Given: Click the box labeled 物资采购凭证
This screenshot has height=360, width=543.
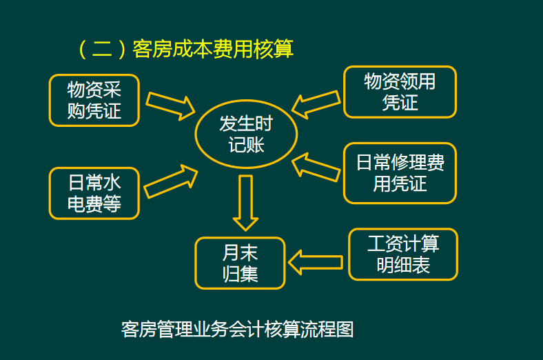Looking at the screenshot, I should pyautogui.click(x=94, y=100).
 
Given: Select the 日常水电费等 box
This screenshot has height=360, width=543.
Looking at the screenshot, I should pyautogui.click(x=94, y=193).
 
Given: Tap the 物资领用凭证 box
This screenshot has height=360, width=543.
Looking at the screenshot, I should pyautogui.click(x=400, y=92).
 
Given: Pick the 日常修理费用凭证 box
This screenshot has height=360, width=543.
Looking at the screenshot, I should pyautogui.click(x=400, y=173).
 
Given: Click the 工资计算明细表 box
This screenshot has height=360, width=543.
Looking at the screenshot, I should pyautogui.click(x=403, y=254).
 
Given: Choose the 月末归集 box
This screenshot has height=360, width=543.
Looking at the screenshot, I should pyautogui.click(x=240, y=263).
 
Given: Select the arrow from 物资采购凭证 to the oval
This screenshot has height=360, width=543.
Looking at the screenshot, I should pyautogui.click(x=170, y=104).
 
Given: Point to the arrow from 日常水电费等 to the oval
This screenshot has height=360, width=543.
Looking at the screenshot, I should pyautogui.click(x=170, y=181).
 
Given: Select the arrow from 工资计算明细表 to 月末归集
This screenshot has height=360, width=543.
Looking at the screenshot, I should pyautogui.click(x=315, y=262).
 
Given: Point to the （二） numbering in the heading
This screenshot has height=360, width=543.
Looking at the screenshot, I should pyautogui.click(x=101, y=49).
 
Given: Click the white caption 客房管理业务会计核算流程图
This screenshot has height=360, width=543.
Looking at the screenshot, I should pyautogui.click(x=236, y=329).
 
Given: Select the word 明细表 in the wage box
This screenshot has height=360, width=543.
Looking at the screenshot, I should pyautogui.click(x=403, y=266).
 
